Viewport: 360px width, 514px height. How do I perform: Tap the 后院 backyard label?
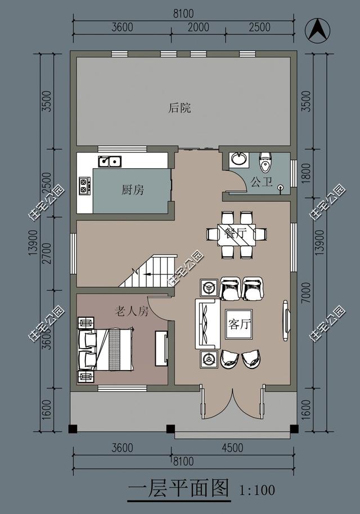pyautogui.click(x=179, y=108)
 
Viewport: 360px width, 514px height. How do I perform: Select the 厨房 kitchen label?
pyautogui.click(x=133, y=190)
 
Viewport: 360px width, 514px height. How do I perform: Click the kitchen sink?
pyautogui.click(x=110, y=161)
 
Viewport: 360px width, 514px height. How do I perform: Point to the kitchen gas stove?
pyautogui.click(x=85, y=186)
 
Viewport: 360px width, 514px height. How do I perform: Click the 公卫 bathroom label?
pyautogui.click(x=262, y=182)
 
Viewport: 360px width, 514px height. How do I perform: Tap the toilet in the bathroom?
pyautogui.click(x=264, y=163)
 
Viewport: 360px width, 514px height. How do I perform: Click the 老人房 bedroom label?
pyautogui.click(x=132, y=311)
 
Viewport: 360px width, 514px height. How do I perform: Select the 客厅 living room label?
pyautogui.click(x=240, y=324)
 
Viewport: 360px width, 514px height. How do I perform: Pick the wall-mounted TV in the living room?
pyautogui.click(x=285, y=321)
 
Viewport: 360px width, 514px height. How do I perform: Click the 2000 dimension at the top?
pyautogui.click(x=198, y=27)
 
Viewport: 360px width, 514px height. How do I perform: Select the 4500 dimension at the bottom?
pyautogui.click(x=232, y=448)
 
